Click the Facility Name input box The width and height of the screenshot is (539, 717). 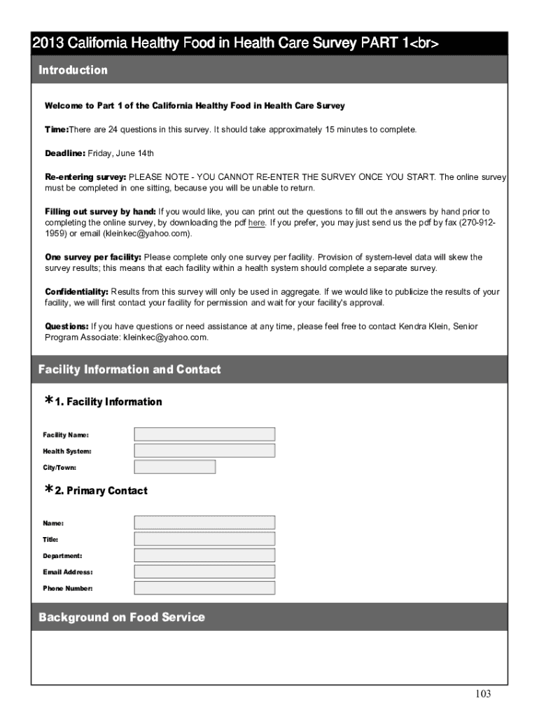[204, 434]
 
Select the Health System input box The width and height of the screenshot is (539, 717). [204, 450]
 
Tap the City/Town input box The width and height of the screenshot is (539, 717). [174, 467]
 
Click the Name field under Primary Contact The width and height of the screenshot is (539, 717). [204, 522]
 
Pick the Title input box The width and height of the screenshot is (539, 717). [204, 539]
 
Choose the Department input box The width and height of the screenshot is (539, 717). [204, 555]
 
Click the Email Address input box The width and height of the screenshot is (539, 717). [204, 571]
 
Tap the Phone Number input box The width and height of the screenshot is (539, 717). [204, 588]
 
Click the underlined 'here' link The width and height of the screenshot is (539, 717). [256, 223]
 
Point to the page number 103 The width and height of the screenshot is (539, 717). [483, 694]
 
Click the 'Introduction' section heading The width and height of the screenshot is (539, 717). [73, 70]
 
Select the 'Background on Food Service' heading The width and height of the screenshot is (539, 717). [122, 617]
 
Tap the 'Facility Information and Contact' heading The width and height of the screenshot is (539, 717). [129, 369]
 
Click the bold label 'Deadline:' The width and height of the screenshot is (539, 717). [65, 153]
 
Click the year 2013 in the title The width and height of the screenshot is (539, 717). [48, 44]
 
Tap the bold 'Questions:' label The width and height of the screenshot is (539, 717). [67, 326]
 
